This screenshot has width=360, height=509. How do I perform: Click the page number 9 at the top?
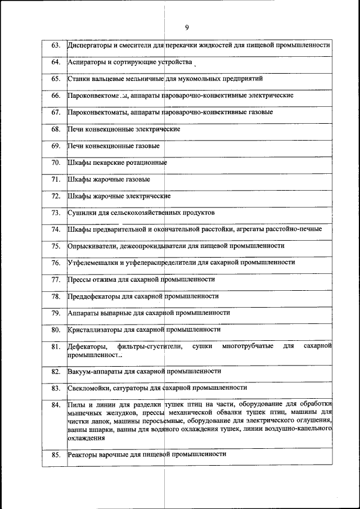tap(186, 27)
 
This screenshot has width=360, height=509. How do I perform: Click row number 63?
tap(55, 45)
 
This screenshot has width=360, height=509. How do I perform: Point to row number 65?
tap(55, 79)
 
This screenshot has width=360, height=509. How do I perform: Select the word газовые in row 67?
tap(260, 112)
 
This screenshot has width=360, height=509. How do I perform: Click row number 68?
tap(55, 129)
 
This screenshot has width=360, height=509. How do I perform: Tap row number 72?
tap(55, 196)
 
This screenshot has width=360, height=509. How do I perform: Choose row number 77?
tap(55, 280)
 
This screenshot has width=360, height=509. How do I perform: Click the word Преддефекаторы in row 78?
tap(94, 296)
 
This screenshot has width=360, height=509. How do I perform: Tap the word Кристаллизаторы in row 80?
tap(96, 330)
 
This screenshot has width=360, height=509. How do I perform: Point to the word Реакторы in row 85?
tap(83, 454)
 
